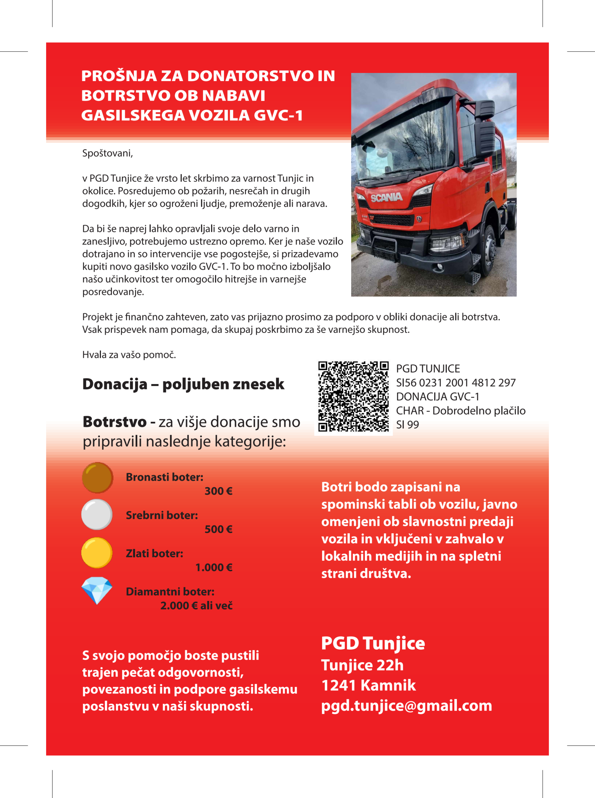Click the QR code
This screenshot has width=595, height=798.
pyautogui.click(x=353, y=396)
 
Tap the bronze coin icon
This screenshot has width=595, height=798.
pyautogui.click(x=97, y=477)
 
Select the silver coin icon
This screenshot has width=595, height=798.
pyautogui.click(x=97, y=514)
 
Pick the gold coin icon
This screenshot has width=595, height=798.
pyautogui.click(x=97, y=552)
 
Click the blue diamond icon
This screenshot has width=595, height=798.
pyautogui.click(x=97, y=590)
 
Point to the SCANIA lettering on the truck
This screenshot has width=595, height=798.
pyautogui.click(x=386, y=197)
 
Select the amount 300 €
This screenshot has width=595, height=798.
pyautogui.click(x=218, y=491)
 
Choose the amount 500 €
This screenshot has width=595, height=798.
pyautogui.click(x=218, y=529)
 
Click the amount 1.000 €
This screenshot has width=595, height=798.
pyautogui.click(x=214, y=567)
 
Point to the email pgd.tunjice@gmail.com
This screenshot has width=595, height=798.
pyautogui.click(x=406, y=705)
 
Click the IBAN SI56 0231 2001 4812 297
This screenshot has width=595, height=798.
pyautogui.click(x=456, y=382)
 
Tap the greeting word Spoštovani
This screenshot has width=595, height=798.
pyautogui.click(x=107, y=153)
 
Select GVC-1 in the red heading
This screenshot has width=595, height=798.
pyautogui.click(x=278, y=116)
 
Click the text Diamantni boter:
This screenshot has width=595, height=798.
pyautogui.click(x=170, y=591)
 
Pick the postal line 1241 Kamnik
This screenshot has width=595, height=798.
pyautogui.click(x=368, y=685)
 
